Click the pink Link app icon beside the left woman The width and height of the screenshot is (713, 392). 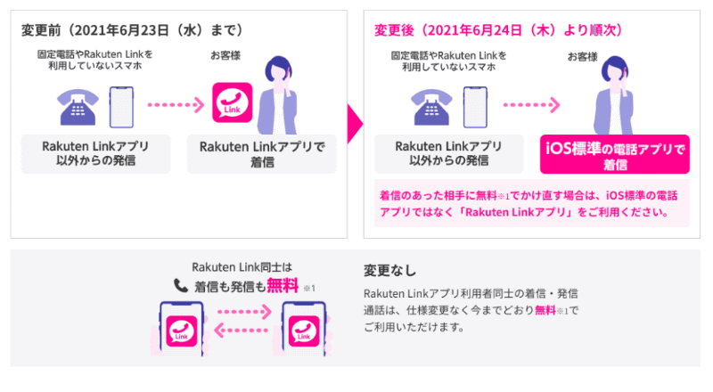229,103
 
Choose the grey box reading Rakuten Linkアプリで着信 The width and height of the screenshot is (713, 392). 261,154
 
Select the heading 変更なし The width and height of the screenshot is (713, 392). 389,270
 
